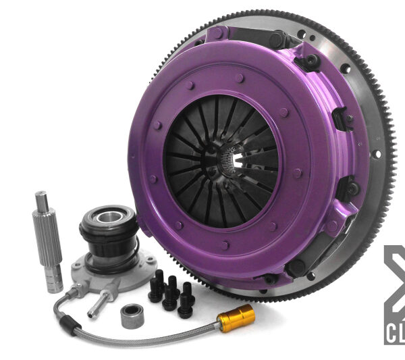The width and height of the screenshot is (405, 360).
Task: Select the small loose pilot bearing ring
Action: tap(133, 315)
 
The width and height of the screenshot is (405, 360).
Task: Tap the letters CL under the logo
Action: tap(396, 334)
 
